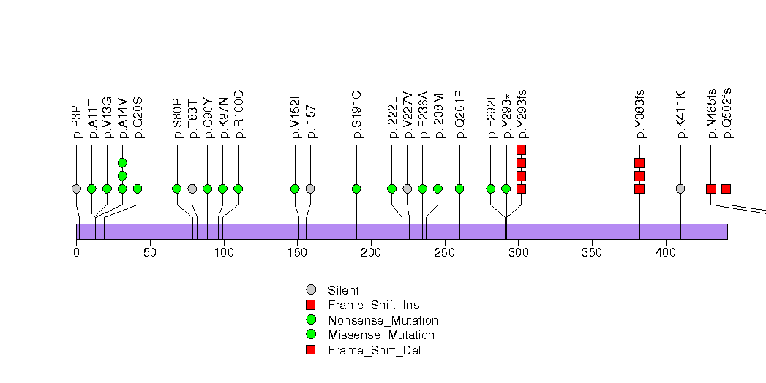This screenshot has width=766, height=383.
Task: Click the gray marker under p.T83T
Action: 192,189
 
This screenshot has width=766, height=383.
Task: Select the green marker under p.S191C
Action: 356,189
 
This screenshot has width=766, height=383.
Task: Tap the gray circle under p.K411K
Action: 680,189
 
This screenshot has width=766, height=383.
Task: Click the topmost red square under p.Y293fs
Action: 521,150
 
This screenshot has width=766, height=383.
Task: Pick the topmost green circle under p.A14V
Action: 122,162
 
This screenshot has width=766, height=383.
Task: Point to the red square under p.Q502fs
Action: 726,189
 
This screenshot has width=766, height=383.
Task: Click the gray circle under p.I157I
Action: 310,189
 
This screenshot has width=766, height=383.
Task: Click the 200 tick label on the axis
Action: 371,253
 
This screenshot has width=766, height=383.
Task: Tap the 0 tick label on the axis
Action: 76,253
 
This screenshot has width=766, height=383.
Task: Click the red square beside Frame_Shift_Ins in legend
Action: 310,305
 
